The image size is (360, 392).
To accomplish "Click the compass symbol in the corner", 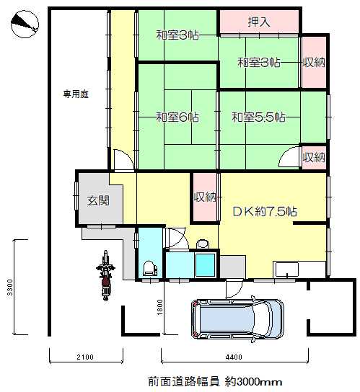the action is pos(25,24).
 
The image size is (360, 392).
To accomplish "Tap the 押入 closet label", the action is pos(259,22).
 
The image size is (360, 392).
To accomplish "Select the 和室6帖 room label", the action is pos(177,117).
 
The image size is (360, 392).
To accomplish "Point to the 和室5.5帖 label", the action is pos(258,117).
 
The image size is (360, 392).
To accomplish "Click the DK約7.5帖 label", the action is pos(265,212).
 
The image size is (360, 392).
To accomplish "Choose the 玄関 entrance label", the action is pos(98,200).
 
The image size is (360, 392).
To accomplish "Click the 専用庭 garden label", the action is pos(76,94).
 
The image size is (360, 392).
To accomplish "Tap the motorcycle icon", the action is pos(105,275).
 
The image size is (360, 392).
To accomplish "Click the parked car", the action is pos(237,318).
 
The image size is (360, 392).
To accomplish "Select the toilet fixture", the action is pos(149,268).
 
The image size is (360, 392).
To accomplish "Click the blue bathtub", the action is pos(206,264).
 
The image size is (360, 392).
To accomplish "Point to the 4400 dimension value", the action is pos(234,357).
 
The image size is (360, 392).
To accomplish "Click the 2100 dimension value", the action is pos(85,357).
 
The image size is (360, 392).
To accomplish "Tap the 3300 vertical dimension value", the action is pos(9,288).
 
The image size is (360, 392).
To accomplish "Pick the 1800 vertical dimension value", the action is pos(159,307).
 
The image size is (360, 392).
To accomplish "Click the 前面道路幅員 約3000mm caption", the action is pos(215,381).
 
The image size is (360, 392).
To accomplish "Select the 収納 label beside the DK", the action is pos(205,197).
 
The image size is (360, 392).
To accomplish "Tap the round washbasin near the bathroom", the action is pos(203,244).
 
